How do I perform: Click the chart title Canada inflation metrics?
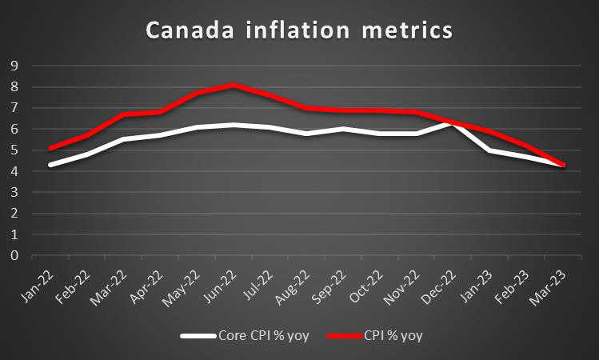click(x=299, y=31)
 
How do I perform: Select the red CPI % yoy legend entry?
click(x=379, y=335)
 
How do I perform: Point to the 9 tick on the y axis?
click(x=14, y=66)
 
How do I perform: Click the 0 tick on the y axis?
click(x=14, y=256)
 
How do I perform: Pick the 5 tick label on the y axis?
click(x=14, y=150)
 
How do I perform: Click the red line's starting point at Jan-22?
click(x=50, y=148)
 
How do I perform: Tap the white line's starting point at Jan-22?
click(x=50, y=165)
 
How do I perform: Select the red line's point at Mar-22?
click(x=123, y=114)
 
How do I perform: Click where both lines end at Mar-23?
click(x=565, y=165)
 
